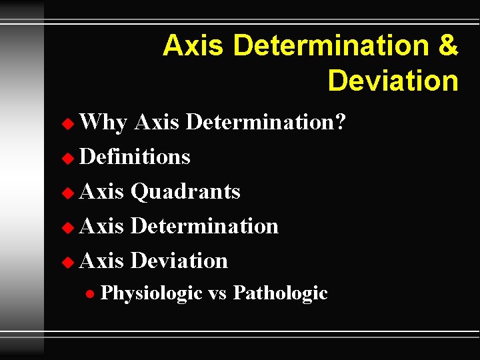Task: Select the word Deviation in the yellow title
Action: click(393, 81)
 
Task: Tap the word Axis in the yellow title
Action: click(195, 46)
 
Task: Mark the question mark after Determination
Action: click(340, 122)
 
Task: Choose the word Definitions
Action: click(135, 157)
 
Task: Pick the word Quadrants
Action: click(185, 191)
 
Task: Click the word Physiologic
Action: click(151, 293)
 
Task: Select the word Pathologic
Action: click(280, 293)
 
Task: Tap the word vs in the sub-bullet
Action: click(217, 293)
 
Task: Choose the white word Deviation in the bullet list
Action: click(179, 261)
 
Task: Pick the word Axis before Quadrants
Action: click(101, 191)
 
